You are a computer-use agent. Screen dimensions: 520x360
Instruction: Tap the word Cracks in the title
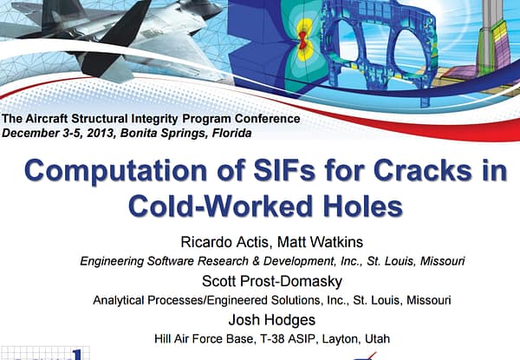coord(422,170)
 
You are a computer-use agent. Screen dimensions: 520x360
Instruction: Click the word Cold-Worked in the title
coord(220,206)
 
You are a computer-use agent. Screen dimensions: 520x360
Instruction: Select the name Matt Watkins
coord(320,242)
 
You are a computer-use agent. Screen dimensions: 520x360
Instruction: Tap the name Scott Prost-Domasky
coord(272,281)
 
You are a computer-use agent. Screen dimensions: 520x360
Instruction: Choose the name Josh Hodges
coord(272,320)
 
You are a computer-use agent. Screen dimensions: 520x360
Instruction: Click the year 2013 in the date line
coord(101,133)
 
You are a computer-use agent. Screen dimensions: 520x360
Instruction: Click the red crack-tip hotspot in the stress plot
coord(302,40)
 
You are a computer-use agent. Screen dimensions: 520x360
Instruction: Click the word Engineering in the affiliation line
coord(112,261)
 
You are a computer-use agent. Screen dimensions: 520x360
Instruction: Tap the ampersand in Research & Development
coord(256,261)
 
